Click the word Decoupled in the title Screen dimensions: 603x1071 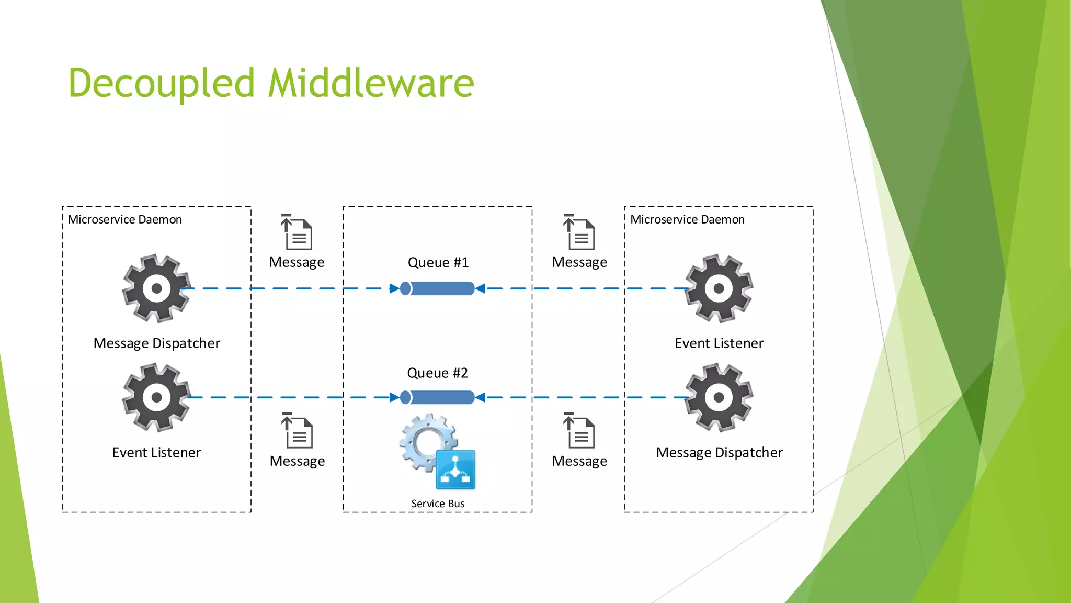(161, 84)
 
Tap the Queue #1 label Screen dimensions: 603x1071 (438, 262)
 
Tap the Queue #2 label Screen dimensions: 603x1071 (437, 373)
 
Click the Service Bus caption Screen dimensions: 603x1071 (438, 504)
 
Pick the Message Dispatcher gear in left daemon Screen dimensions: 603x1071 (156, 288)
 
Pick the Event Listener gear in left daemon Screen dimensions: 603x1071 (156, 398)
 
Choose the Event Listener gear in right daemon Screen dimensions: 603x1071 (719, 288)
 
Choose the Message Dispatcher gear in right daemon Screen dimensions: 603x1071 (719, 398)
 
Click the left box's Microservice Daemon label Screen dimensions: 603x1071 (124, 220)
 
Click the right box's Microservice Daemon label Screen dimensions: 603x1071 (687, 220)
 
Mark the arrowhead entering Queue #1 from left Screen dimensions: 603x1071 (394, 288)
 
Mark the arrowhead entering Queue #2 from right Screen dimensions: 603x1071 (480, 398)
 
